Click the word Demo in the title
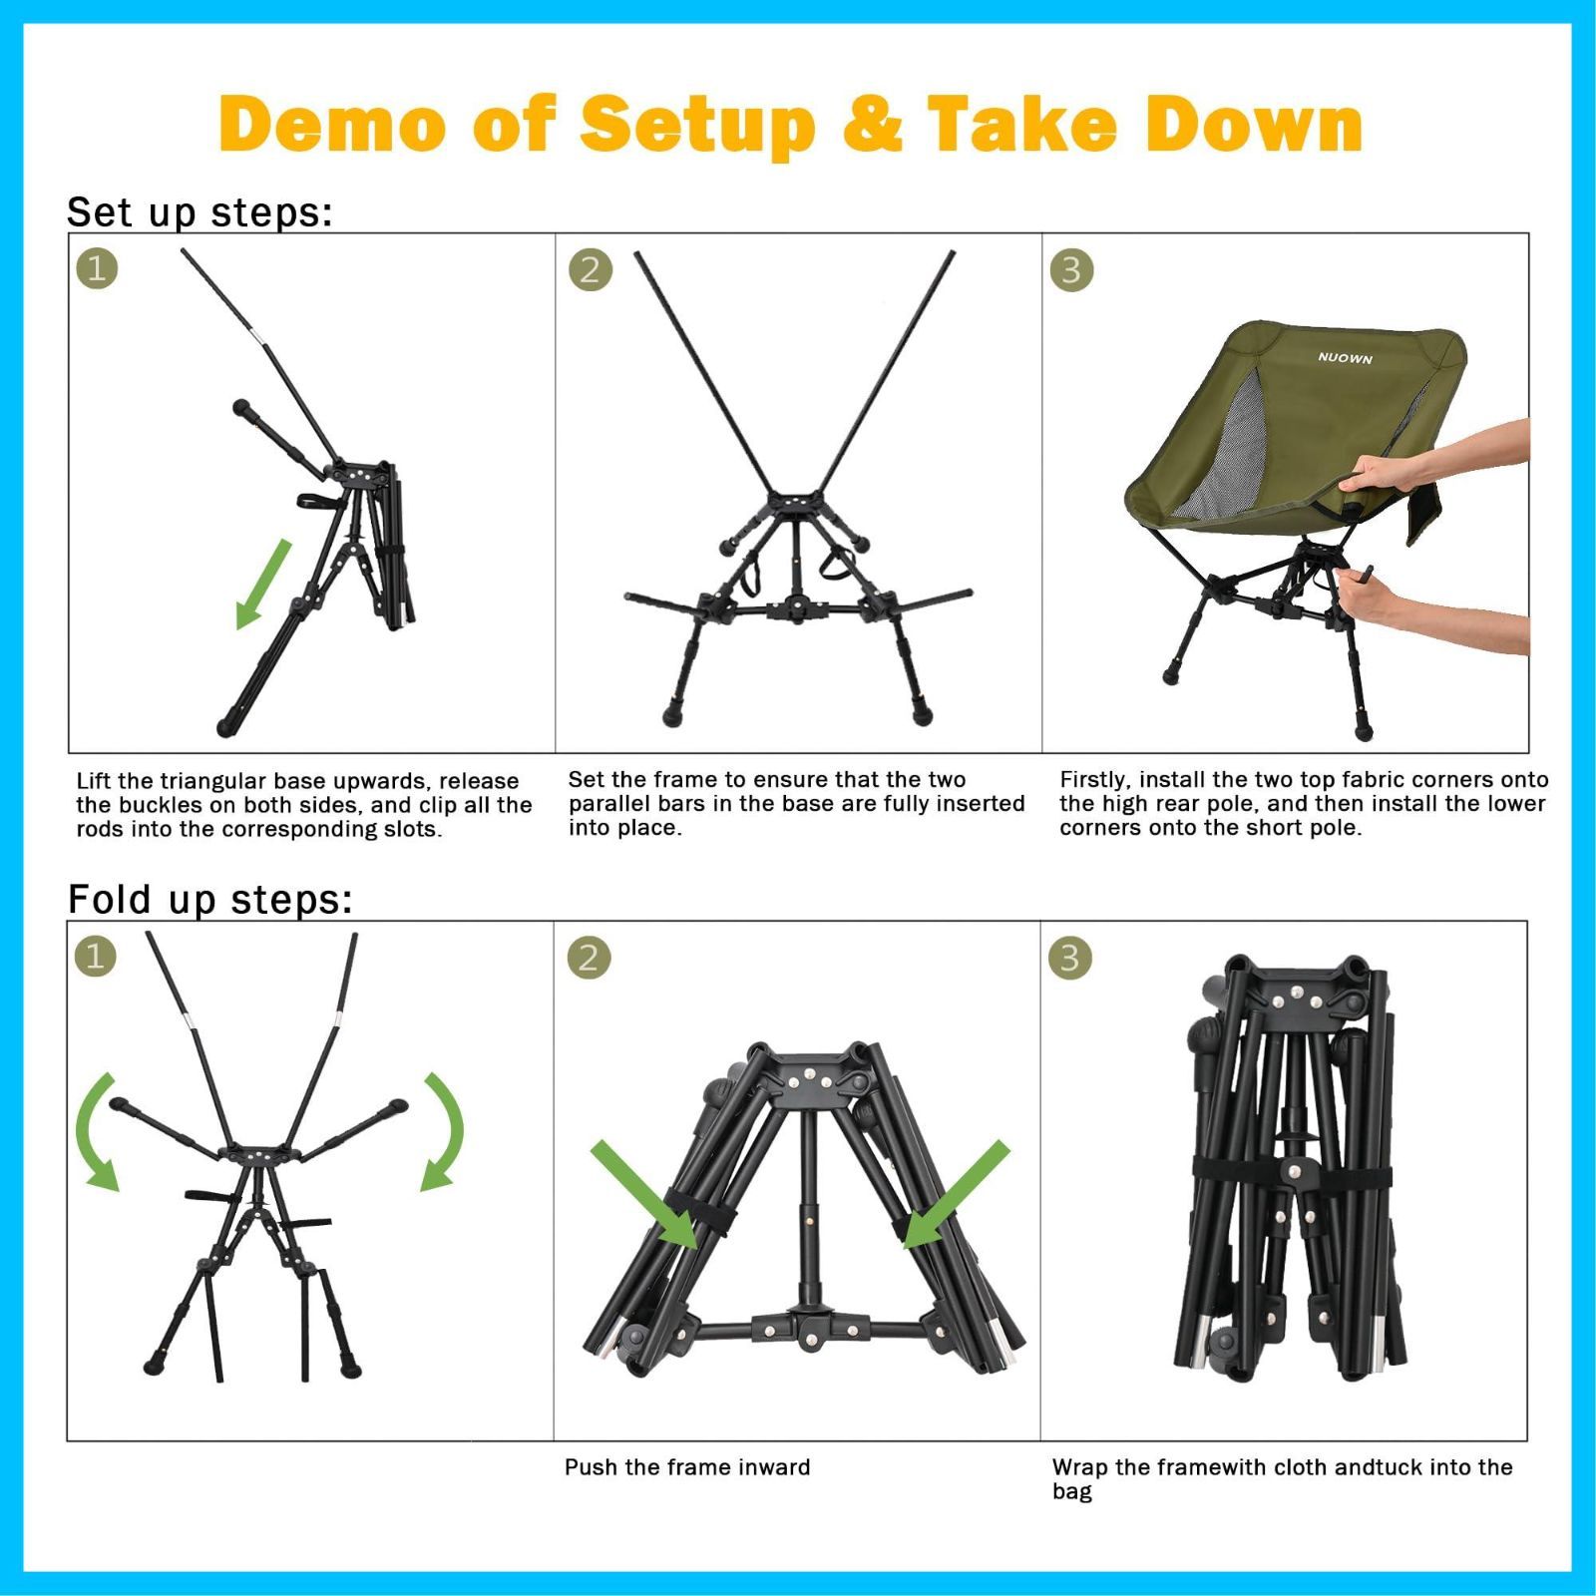[332, 124]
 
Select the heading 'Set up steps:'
[199, 211]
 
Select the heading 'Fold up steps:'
[209, 899]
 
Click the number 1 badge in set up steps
[97, 267]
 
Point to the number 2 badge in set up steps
[590, 269]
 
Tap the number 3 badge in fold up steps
[1069, 958]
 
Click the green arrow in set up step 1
[263, 585]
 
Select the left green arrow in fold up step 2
[644, 1194]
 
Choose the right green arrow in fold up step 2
[957, 1194]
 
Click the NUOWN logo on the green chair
[1345, 358]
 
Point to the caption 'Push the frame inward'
[687, 1467]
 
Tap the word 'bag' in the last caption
[1072, 1492]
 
